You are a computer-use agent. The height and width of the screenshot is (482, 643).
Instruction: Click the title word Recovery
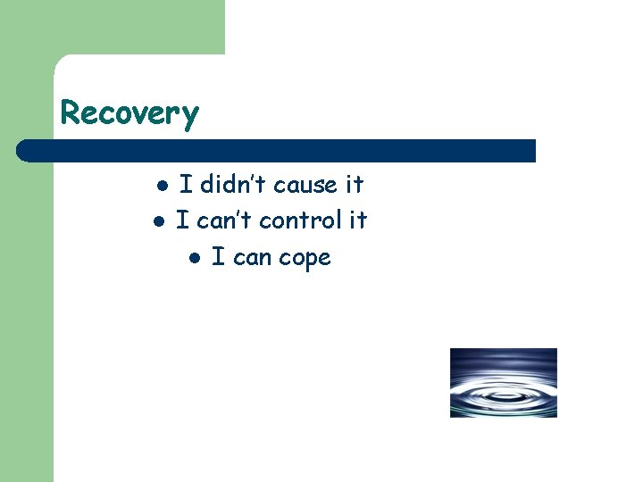[129, 114]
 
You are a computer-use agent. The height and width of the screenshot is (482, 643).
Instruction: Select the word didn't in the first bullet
[233, 185]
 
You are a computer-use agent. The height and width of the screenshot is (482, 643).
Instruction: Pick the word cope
[305, 259]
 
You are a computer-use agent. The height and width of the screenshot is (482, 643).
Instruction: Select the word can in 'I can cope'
[252, 258]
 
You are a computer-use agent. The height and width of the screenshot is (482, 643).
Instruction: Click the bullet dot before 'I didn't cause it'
[162, 186]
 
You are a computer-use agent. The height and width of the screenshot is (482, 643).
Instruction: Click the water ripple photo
[503, 382]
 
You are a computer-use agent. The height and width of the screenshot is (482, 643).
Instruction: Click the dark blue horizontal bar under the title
[277, 151]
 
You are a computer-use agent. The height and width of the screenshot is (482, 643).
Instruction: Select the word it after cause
[355, 185]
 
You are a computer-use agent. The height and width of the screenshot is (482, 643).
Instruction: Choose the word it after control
[357, 220]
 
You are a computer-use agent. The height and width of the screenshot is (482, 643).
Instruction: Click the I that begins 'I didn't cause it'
[186, 185]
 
